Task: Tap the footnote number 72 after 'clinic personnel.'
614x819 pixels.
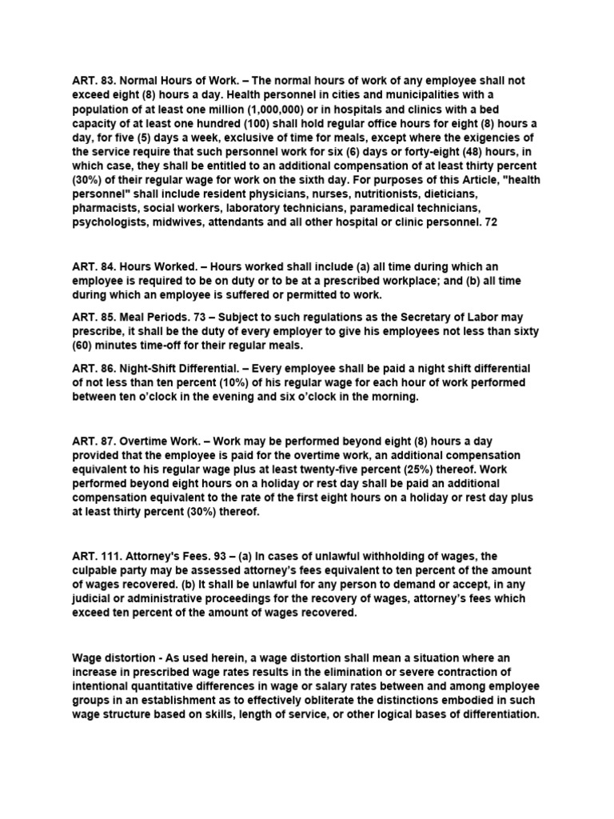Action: pyautogui.click(x=490, y=222)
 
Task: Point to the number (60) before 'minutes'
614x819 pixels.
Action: pyautogui.click(x=84, y=345)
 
